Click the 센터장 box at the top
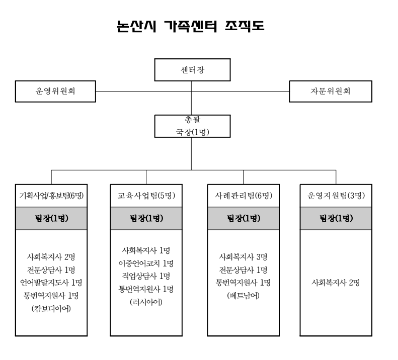(192, 70)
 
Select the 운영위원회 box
(55, 92)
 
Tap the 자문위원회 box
(331, 92)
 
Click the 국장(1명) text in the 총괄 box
(192, 132)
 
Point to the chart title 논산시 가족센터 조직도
(190, 26)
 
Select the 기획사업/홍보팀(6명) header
(51, 196)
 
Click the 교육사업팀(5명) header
(146, 196)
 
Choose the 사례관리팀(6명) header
(244, 196)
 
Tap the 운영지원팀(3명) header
(336, 196)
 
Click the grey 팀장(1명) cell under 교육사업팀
(146, 218)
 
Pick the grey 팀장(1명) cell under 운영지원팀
(336, 218)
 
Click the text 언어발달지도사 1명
(51, 283)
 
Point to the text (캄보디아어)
(51, 309)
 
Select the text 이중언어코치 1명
(146, 263)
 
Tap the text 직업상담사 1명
(146, 276)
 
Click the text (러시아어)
(146, 302)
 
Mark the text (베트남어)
(244, 296)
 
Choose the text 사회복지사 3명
(244, 257)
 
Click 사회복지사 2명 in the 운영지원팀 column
(336, 283)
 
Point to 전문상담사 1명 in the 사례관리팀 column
(244, 270)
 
